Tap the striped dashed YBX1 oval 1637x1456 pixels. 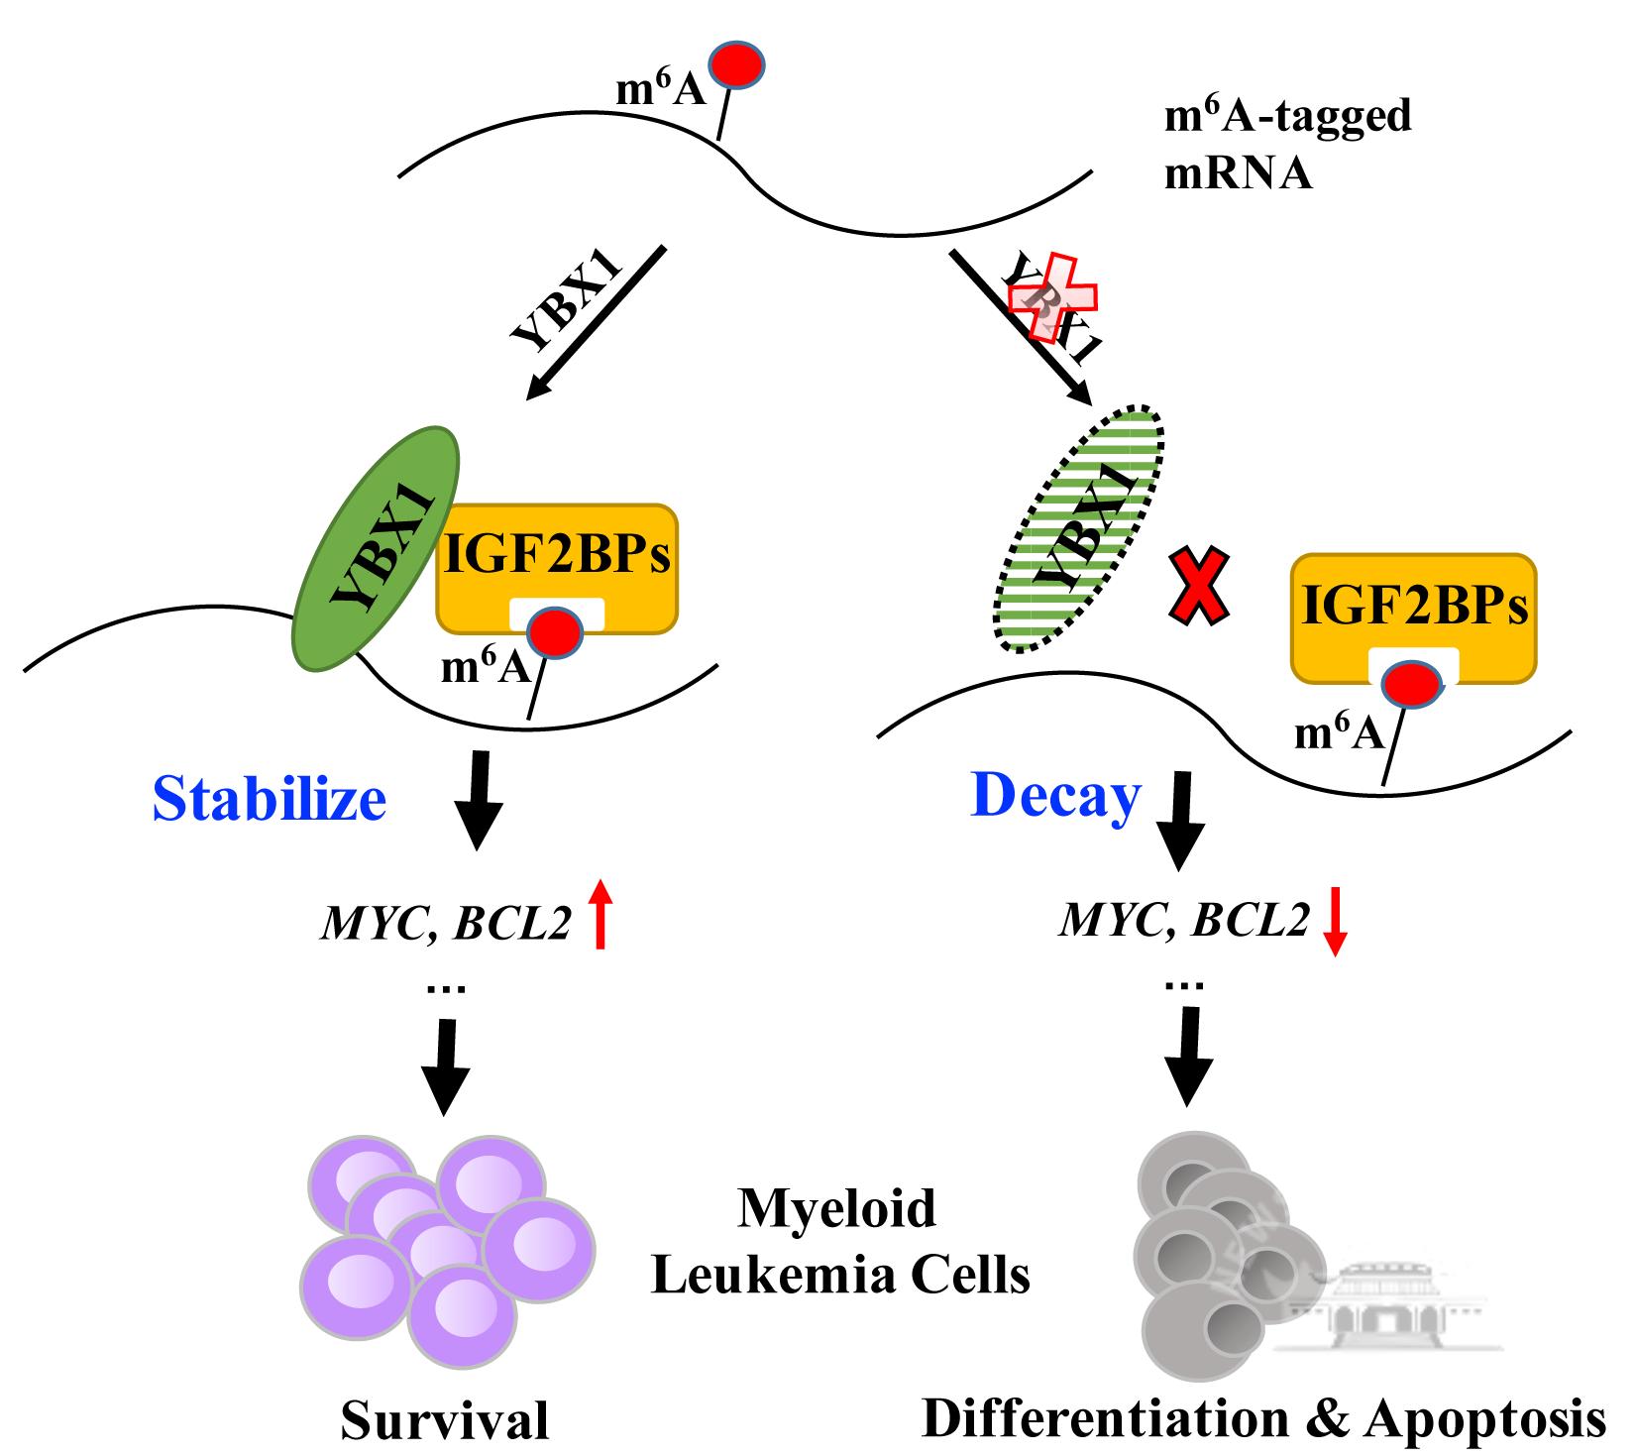click(1079, 529)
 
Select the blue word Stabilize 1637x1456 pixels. click(269, 799)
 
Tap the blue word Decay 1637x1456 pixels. click(1055, 795)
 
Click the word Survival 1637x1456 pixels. click(445, 1420)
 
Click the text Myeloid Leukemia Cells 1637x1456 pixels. click(839, 1242)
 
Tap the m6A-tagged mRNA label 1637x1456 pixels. click(1286, 145)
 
